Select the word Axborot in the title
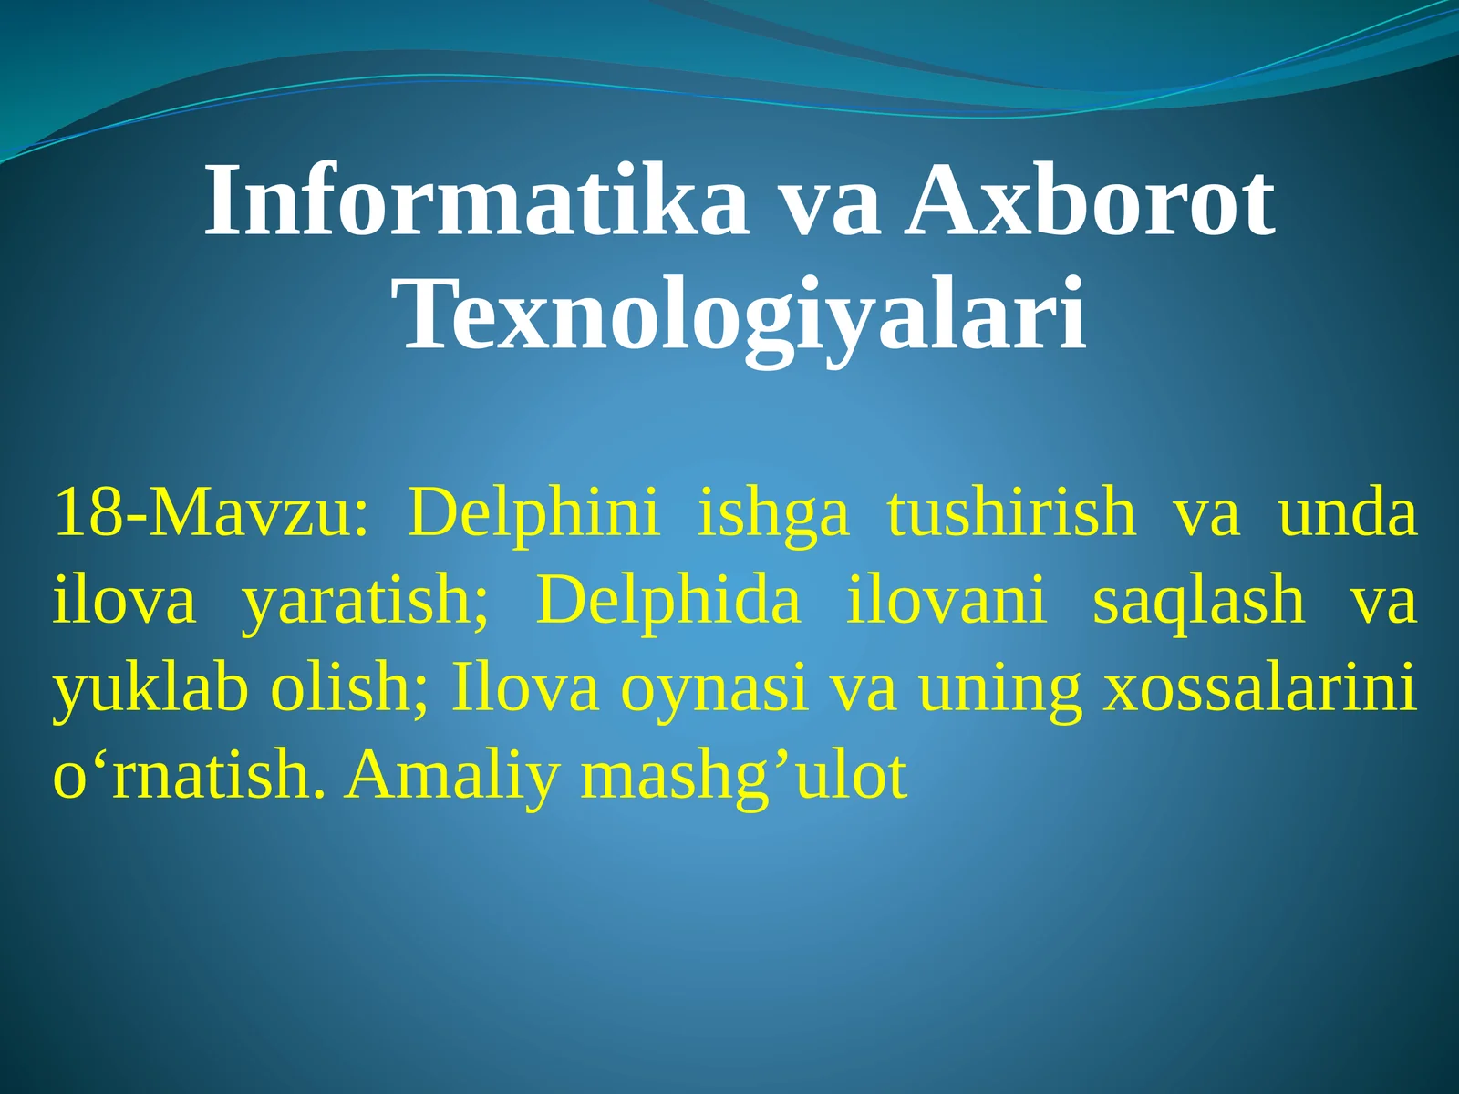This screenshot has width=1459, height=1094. point(1090,202)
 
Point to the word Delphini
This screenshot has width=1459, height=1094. point(533,513)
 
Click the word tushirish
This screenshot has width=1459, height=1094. point(1011,513)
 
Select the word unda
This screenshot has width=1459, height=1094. point(1347,513)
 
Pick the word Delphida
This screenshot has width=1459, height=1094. point(667,601)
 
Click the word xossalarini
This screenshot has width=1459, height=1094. point(1260,689)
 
